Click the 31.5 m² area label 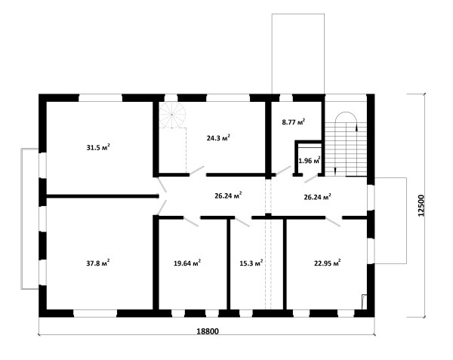pyautogui.click(x=98, y=147)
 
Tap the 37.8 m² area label pyautogui.click(x=98, y=263)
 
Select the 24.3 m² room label pyautogui.click(x=218, y=137)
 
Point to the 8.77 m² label pyautogui.click(x=294, y=122)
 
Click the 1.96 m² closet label pyautogui.click(x=310, y=160)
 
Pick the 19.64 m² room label pyautogui.click(x=187, y=263)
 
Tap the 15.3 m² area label pyautogui.click(x=251, y=263)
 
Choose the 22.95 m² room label pyautogui.click(x=328, y=263)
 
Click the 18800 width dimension pyautogui.click(x=208, y=331)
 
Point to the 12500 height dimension pyautogui.click(x=421, y=205)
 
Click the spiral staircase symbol pyautogui.click(x=172, y=115)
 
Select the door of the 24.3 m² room pyautogui.click(x=197, y=171)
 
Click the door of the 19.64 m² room pyautogui.click(x=191, y=222)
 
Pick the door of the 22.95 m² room pyautogui.click(x=333, y=222)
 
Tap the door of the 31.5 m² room pyautogui.click(x=162, y=185)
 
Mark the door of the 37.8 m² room pyautogui.click(x=162, y=208)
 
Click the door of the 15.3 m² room pyautogui.click(x=242, y=222)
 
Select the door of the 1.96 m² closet pyautogui.click(x=311, y=178)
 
